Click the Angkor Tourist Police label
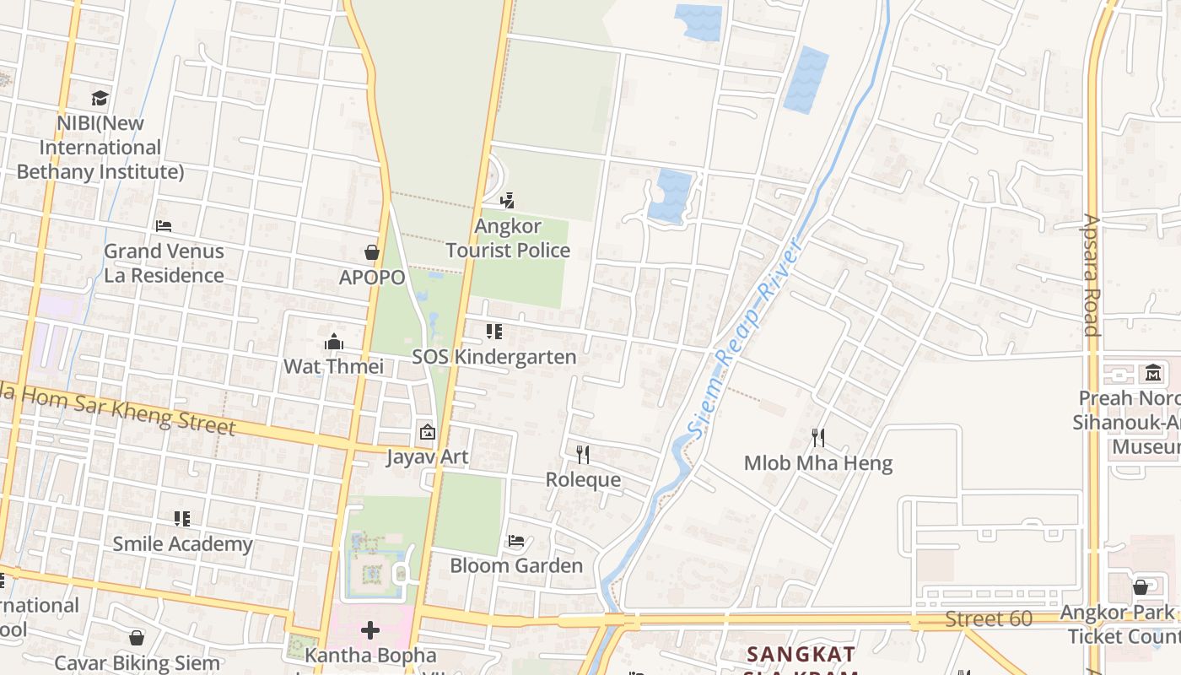508,239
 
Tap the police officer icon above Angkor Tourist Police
507,201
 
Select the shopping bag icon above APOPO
371,252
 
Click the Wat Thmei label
333,366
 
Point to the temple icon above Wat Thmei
334,342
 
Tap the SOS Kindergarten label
494,357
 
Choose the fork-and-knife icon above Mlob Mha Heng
817,437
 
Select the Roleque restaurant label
583,480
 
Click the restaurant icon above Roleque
583,455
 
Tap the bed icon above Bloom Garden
516,540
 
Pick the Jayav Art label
427,457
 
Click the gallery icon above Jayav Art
427,432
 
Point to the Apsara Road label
1092,275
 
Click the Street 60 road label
988,619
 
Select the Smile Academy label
182,544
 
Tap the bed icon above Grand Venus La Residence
164,226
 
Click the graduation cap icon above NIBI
100,98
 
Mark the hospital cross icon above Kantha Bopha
370,630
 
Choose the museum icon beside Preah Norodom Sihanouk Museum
1152,372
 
